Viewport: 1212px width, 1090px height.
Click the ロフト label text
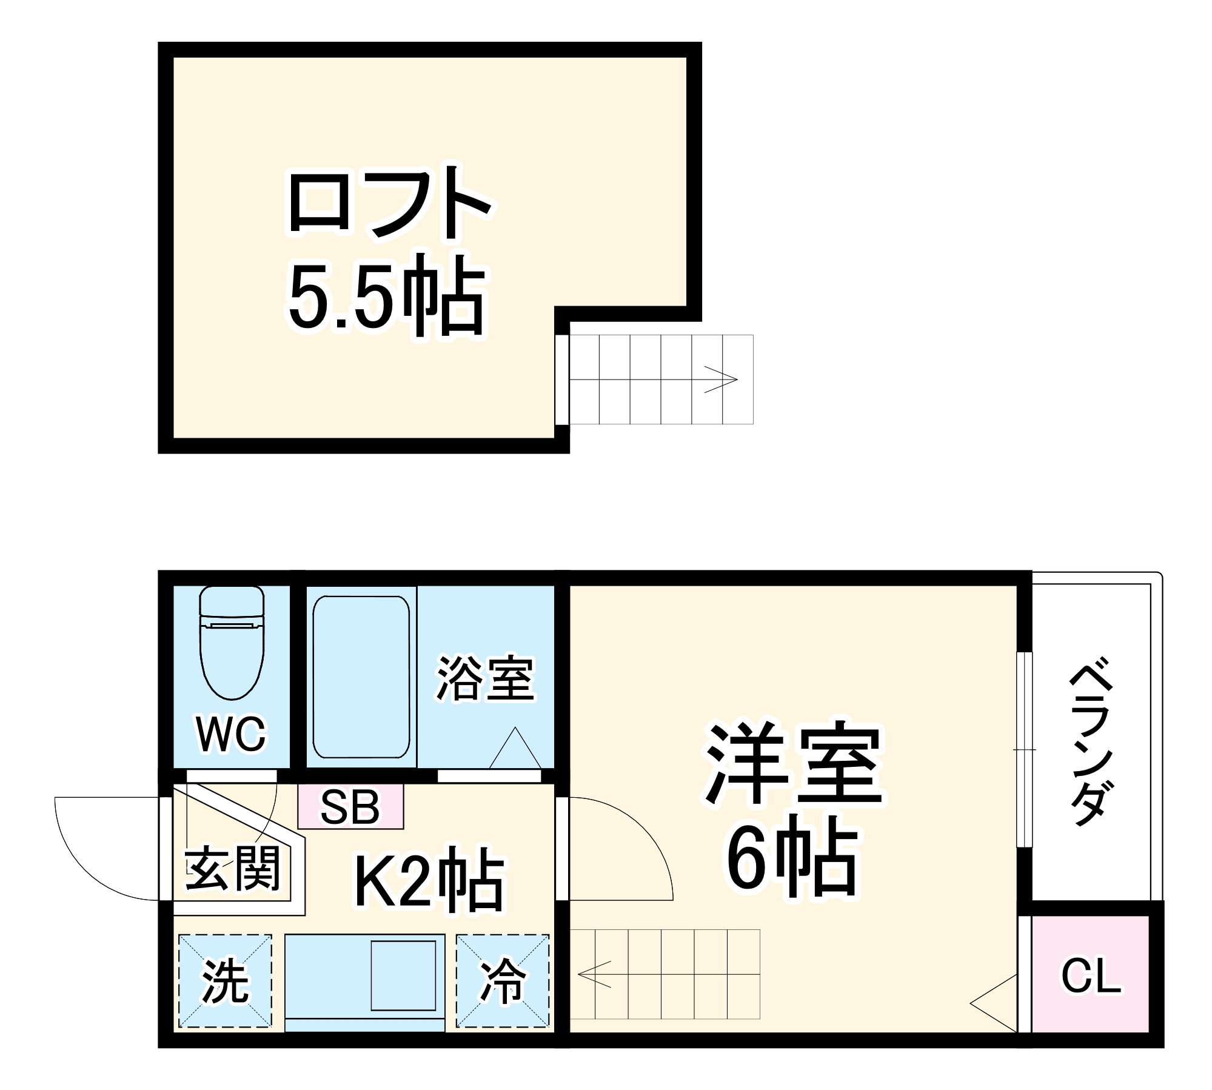[389, 202]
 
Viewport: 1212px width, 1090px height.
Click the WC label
[231, 734]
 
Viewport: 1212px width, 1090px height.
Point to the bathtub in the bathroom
[361, 677]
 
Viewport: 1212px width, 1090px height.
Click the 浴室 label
[485, 678]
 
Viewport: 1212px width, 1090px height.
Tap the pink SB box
[350, 807]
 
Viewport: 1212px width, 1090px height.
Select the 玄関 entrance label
[233, 869]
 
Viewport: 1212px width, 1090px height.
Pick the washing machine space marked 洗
[225, 981]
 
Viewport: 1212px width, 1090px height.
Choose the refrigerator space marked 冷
[503, 981]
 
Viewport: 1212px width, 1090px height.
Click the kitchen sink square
[403, 975]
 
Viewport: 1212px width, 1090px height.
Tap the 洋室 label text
[794, 764]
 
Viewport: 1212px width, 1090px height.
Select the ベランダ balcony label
[1092, 744]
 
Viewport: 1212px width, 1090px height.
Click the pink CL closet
[1090, 976]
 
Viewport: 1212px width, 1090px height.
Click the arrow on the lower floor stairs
[595, 974]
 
